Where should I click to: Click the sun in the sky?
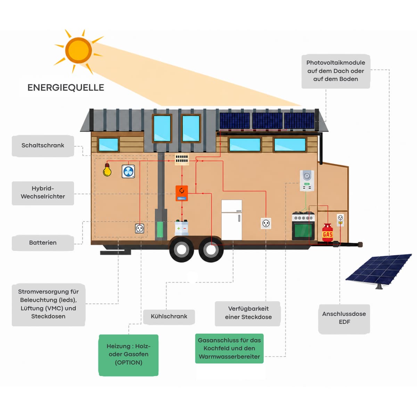79,50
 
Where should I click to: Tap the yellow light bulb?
107,170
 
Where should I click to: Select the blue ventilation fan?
128,172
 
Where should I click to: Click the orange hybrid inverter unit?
182,193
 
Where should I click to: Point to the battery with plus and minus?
181,228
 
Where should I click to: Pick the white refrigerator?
231,220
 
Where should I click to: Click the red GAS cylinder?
327,232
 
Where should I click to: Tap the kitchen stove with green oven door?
303,226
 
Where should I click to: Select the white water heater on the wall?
307,181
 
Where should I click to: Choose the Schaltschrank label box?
43,146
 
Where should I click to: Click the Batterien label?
43,243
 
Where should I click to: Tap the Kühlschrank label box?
169,317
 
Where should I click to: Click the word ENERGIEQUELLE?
66,88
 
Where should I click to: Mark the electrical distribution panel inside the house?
182,160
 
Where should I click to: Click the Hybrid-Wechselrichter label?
43,193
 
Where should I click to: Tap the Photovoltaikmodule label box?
336,71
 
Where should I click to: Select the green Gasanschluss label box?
229,349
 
